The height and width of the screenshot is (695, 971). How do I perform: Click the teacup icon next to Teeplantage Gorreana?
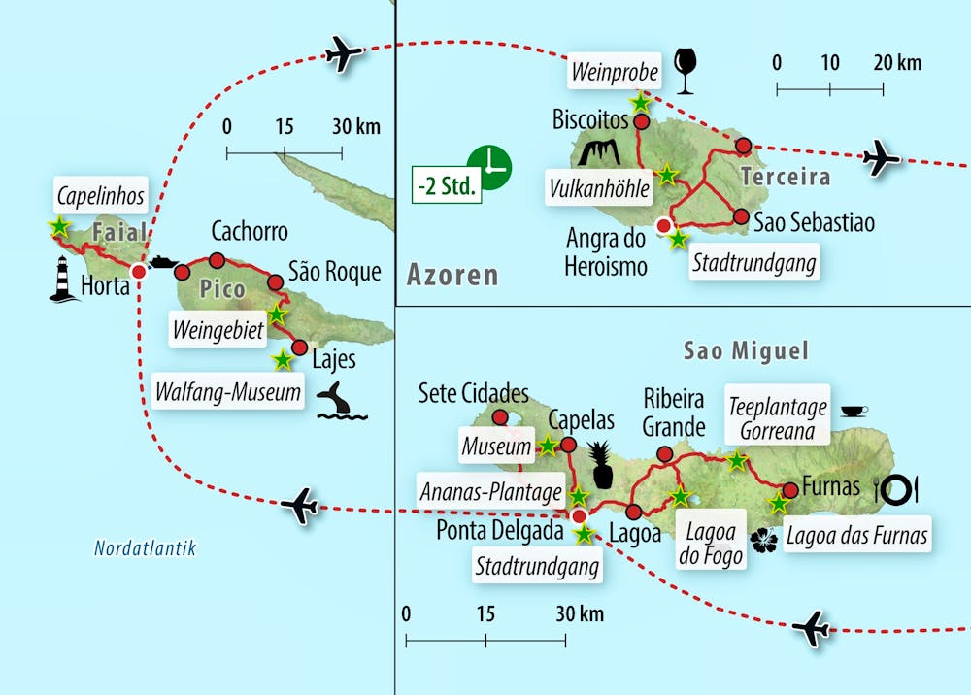coord(854,411)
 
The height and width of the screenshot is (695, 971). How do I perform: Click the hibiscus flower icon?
coord(766,538)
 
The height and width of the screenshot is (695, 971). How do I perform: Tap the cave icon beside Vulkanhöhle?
coord(599,152)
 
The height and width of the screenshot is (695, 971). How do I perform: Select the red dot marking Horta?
coord(139,272)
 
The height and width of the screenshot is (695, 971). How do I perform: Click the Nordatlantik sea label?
coord(145,548)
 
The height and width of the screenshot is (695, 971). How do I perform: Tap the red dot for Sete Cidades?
coord(500,418)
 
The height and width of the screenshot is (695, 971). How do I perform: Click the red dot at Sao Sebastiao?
coord(741,217)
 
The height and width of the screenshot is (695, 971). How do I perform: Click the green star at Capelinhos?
coord(59,226)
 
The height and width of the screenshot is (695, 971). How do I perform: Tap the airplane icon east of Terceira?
coord(882,157)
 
